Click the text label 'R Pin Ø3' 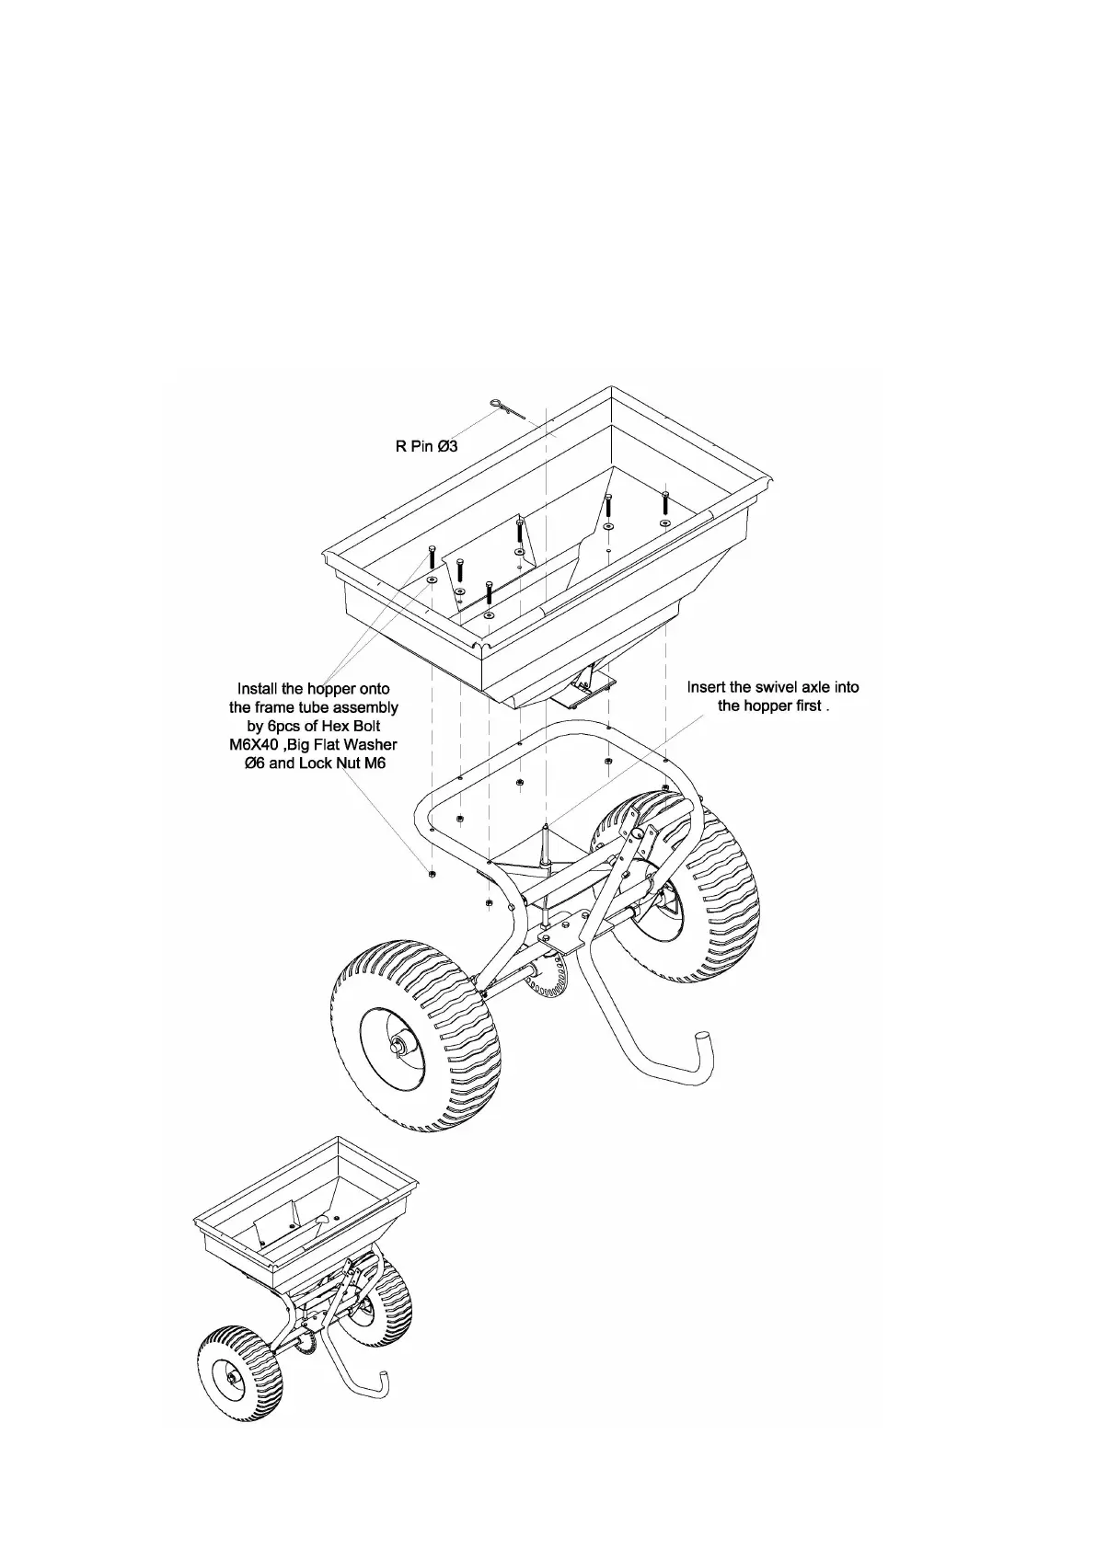(426, 447)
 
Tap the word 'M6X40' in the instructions (257, 744)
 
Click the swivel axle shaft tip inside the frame (547, 829)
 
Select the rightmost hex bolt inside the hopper (664, 505)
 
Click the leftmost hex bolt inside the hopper (432, 560)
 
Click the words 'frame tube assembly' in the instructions (313, 707)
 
